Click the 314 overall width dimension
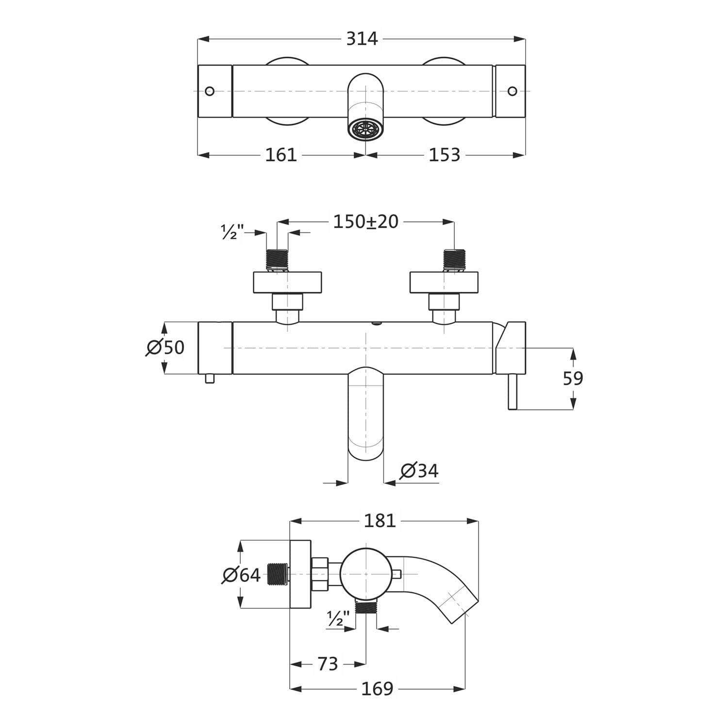coord(362,38)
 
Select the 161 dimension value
coord(281,155)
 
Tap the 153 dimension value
coord(444,155)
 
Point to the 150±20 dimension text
coord(366,221)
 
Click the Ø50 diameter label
coord(165,347)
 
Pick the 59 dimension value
coord(573,378)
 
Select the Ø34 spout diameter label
coord(419,471)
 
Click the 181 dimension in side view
coord(380,521)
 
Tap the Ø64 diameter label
coord(242,575)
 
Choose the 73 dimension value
coord(328,664)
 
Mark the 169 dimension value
coord(377,688)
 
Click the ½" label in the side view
coord(338,619)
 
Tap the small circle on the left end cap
coord(210,91)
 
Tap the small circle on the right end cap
coord(513,91)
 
